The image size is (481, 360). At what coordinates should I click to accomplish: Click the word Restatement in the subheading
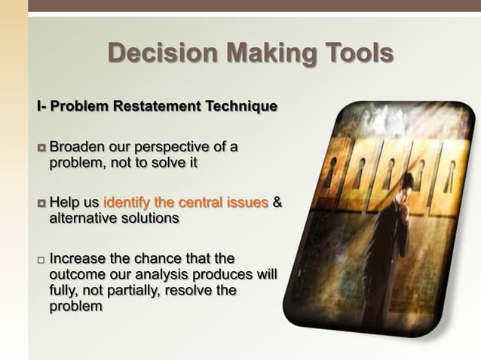157,106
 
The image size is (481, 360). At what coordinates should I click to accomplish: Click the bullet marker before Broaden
41,146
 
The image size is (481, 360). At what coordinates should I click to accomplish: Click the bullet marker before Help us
41,203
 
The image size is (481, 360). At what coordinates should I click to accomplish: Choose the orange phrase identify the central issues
185,203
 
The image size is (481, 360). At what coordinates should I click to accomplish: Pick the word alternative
83,218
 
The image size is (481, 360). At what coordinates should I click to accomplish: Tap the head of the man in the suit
405,183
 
